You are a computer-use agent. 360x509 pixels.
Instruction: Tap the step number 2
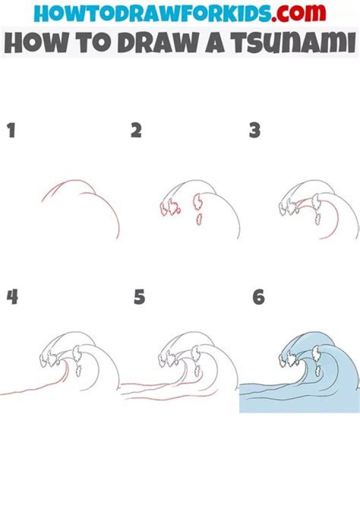[x=136, y=131]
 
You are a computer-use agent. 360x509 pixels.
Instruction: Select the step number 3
[x=255, y=131]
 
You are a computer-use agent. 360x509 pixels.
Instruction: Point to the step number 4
[x=12, y=297]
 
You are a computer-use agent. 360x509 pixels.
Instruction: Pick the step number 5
[x=139, y=297]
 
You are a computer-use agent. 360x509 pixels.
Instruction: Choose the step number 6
[x=258, y=297]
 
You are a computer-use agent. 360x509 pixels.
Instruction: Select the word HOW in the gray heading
[x=32, y=44]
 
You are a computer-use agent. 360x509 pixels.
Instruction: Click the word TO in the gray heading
[x=85, y=44]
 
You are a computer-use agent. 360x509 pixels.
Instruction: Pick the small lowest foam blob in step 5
[x=198, y=371]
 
